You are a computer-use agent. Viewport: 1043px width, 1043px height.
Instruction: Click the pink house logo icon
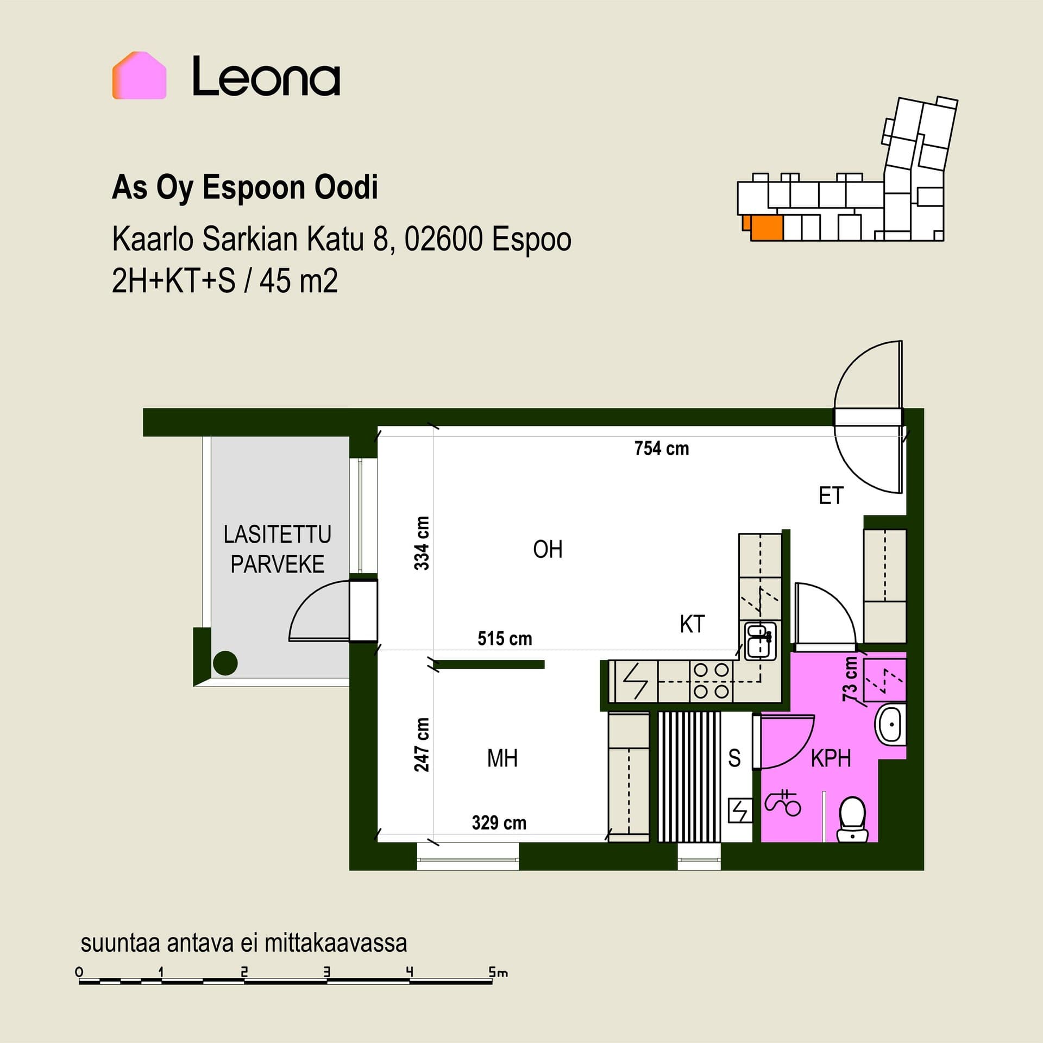(x=139, y=76)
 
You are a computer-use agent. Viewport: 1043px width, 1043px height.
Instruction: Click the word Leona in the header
(x=266, y=77)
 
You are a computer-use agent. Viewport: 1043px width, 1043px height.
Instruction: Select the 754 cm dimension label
(x=662, y=449)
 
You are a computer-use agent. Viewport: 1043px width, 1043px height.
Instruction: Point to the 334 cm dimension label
(x=422, y=543)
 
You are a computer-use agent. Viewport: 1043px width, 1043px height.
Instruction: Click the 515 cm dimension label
(x=505, y=638)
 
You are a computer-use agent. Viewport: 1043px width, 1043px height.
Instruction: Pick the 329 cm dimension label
(x=499, y=822)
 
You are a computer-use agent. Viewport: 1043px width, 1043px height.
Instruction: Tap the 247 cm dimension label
(x=422, y=745)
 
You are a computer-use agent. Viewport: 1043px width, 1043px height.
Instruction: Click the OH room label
(x=548, y=549)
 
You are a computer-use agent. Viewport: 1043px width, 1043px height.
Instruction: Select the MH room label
(x=502, y=758)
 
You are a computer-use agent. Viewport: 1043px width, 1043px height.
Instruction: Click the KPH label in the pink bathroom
(x=831, y=758)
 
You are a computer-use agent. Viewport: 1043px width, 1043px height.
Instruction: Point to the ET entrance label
(x=831, y=496)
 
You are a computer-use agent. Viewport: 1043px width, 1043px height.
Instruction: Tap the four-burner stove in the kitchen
(x=711, y=681)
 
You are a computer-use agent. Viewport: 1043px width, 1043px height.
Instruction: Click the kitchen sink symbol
(x=760, y=641)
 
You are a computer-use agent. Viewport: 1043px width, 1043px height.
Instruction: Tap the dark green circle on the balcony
(x=225, y=663)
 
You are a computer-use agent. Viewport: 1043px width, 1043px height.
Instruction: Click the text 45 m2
(x=298, y=281)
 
